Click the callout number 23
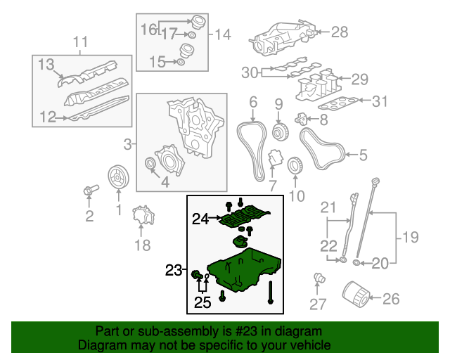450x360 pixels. tap(174, 270)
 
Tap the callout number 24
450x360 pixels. tap(200, 219)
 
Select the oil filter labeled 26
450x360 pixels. tap(356, 295)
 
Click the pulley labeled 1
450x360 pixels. tap(118, 177)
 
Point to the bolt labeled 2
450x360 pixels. tap(91, 190)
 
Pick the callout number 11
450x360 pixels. tap(80, 42)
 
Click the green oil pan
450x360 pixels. tap(244, 270)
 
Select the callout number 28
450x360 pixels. tap(340, 32)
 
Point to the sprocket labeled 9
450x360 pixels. tap(281, 132)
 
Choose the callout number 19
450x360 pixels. tap(411, 237)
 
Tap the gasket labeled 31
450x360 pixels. tap(338, 103)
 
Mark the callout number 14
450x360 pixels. tap(223, 34)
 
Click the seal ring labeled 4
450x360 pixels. tap(150, 164)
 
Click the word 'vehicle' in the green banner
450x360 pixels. tap(313, 345)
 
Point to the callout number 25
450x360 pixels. tap(202, 302)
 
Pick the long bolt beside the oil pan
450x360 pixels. tap(270, 292)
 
